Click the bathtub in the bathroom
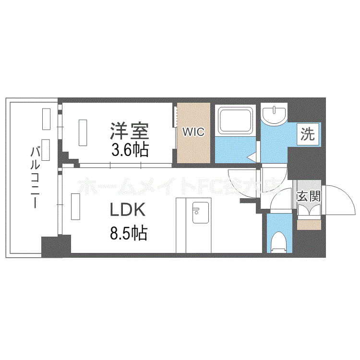236,120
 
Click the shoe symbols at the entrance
308,211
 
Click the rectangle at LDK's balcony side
76,206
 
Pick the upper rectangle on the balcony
47,119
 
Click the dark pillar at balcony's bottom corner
49,246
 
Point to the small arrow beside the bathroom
251,156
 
